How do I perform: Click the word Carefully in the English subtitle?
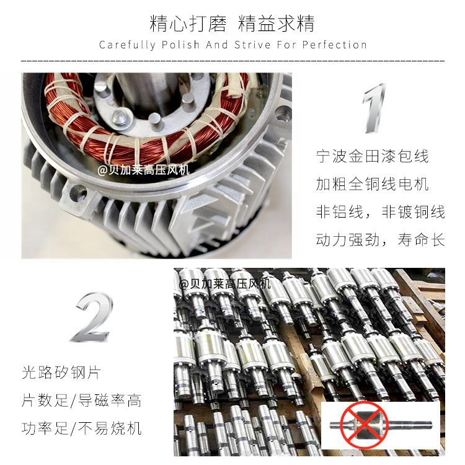tap(127, 45)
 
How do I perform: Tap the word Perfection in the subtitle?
tap(334, 45)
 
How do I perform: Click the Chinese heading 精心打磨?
tap(188, 24)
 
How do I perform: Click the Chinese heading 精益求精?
tap(276, 24)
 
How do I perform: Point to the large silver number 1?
tap(374, 108)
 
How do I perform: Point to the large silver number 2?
tap(92, 317)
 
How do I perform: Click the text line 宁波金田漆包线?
tap(372, 156)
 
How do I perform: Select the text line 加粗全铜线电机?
tap(372, 184)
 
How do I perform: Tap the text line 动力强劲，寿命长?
tap(380, 239)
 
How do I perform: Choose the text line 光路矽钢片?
tap(61, 373)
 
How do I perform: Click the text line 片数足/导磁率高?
tap(82, 401)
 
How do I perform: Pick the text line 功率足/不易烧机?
tap(82, 428)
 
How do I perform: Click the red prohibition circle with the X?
tap(364, 425)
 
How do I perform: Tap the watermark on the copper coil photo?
tap(144, 170)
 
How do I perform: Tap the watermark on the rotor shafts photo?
tap(225, 284)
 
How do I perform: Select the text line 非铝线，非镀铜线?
tap(380, 212)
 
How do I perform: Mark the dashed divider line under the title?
tap(232, 61)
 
